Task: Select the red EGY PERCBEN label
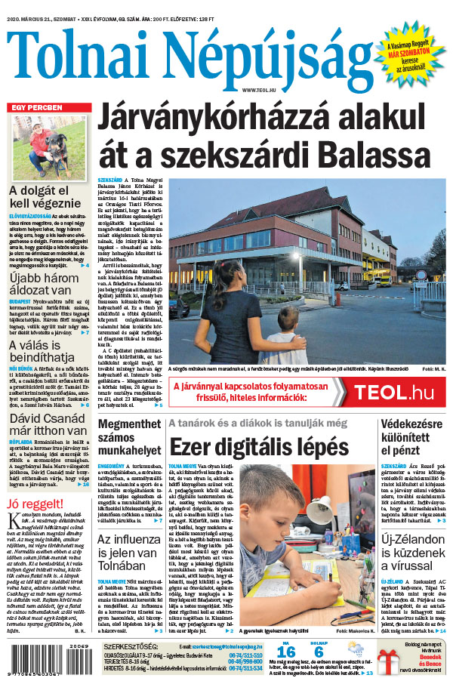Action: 36,107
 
